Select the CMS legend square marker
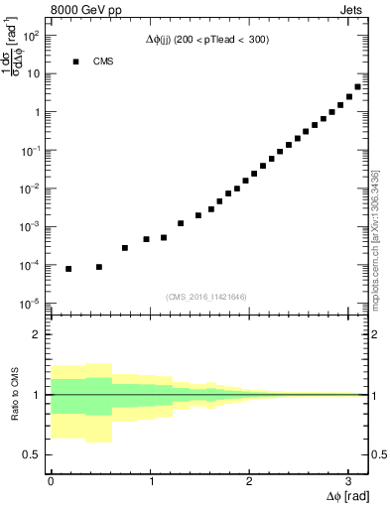tap(75, 62)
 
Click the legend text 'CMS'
tap(103, 62)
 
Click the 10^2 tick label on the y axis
tap(32, 36)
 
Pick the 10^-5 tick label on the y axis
tap(31, 304)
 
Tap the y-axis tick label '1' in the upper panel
tap(37, 112)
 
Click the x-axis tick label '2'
tap(248, 480)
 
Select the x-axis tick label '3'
tap(347, 480)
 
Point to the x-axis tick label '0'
tap(51, 480)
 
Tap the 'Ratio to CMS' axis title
tap(16, 394)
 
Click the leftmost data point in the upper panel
tap(68, 269)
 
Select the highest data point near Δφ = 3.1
tap(357, 86)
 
